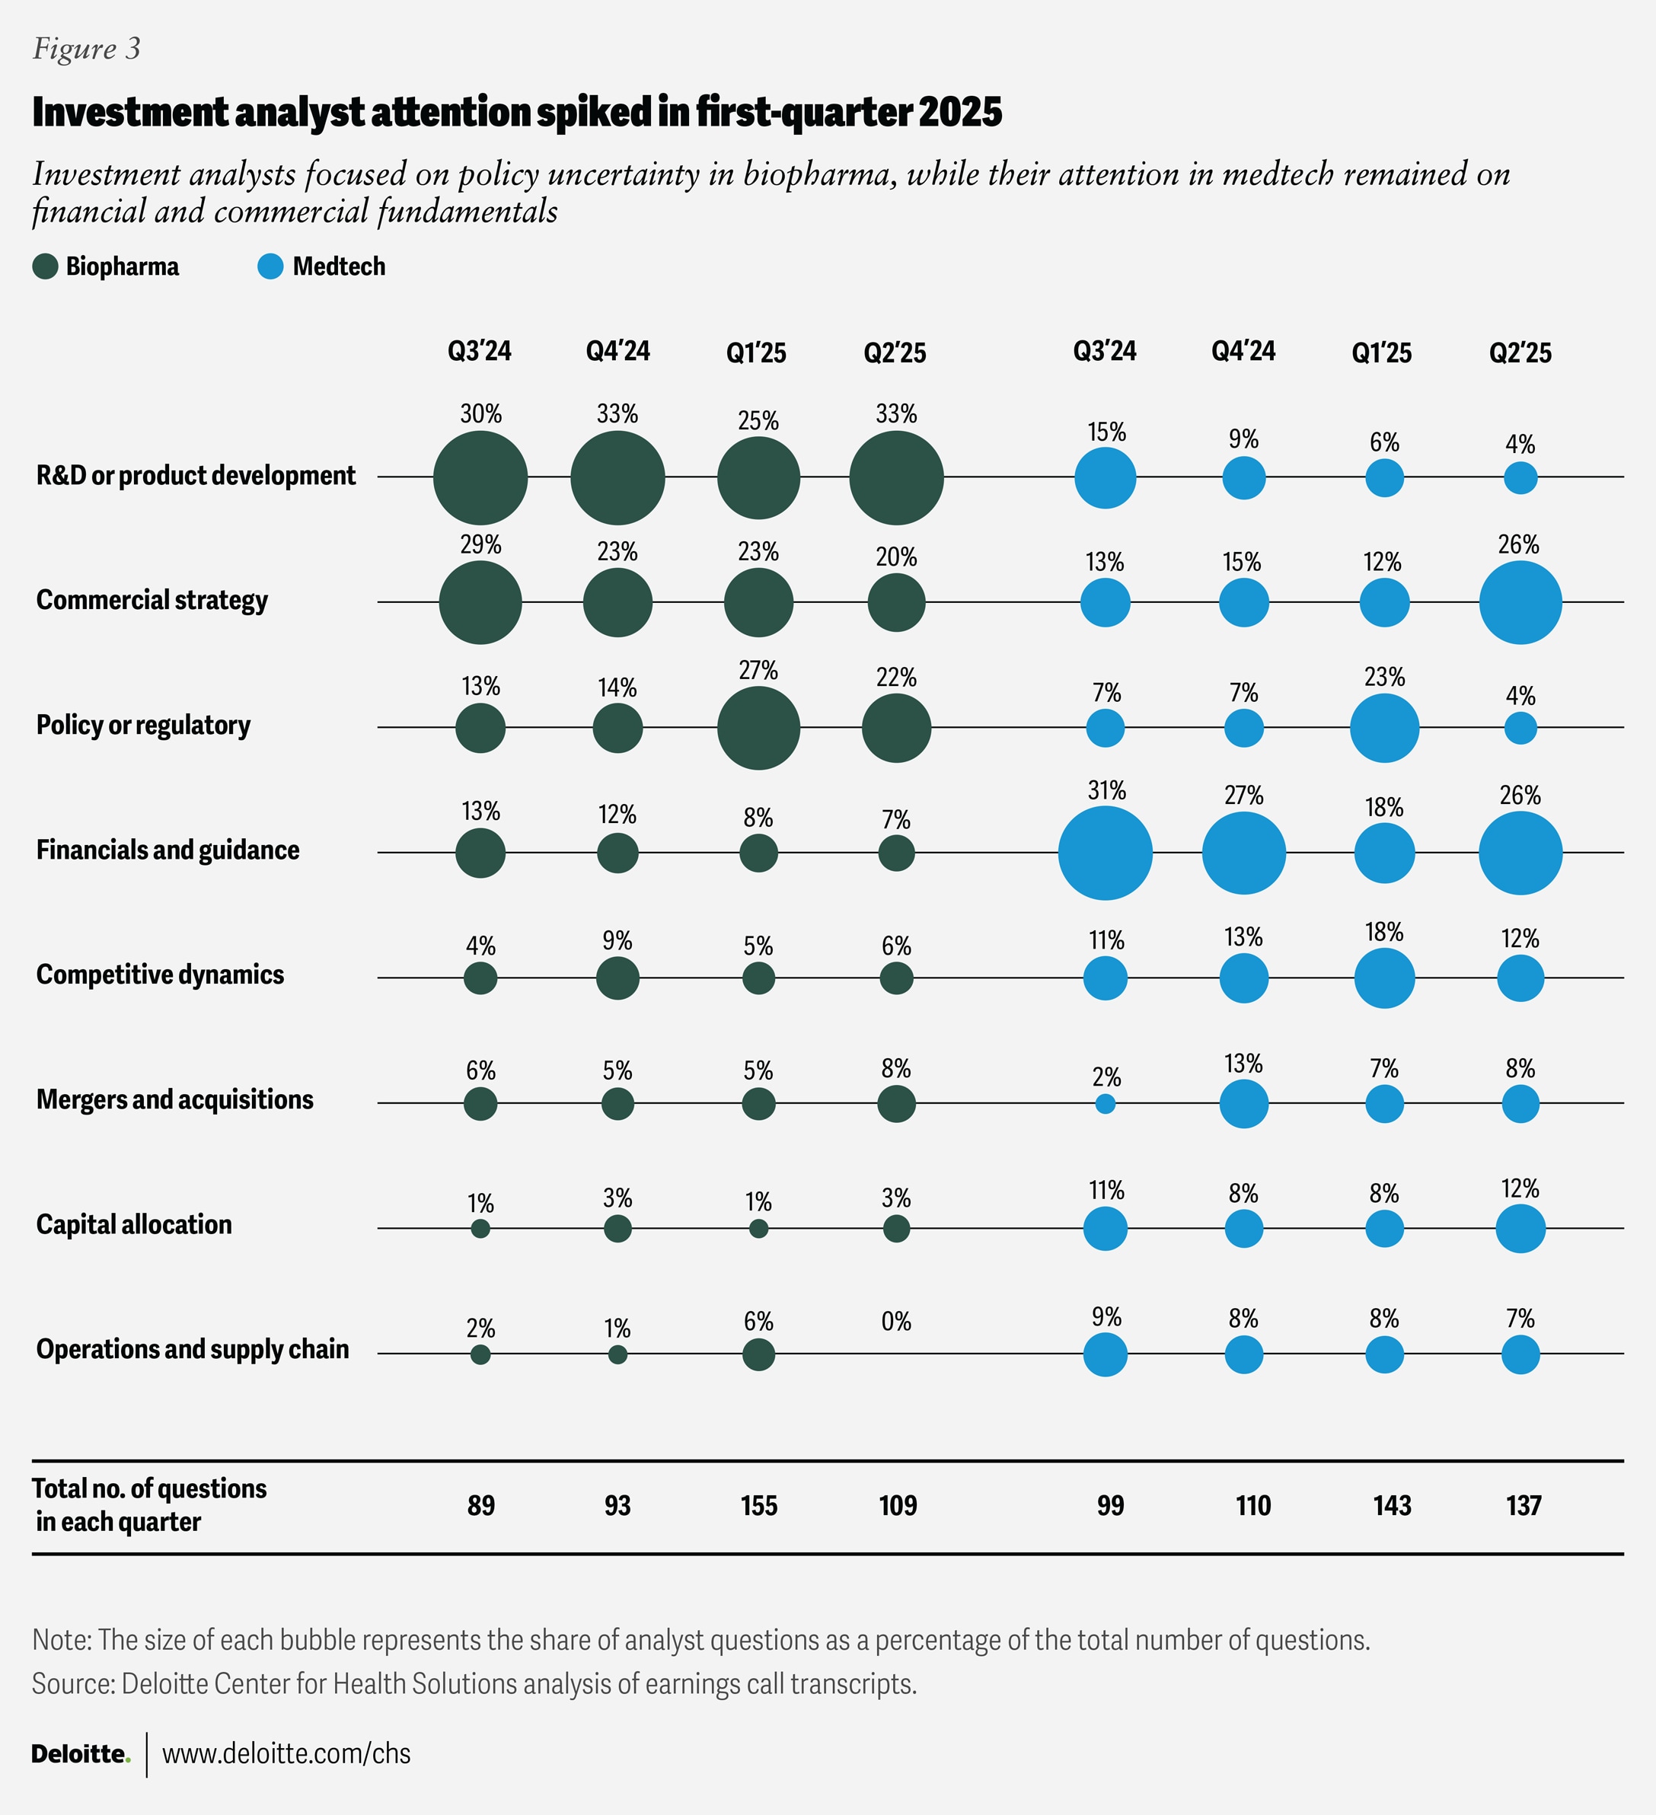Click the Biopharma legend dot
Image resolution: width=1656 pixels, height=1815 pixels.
coord(45,266)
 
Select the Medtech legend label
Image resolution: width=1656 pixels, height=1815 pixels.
coord(339,266)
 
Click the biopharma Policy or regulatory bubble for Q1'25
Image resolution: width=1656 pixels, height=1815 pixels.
coord(758,727)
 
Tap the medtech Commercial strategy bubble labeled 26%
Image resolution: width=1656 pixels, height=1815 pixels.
coord(1520,602)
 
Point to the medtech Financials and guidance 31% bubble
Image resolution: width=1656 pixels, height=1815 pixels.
coord(1105,853)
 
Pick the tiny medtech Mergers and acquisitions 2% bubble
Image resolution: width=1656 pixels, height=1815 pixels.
coord(1105,1104)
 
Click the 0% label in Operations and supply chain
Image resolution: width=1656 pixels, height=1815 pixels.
coord(896,1322)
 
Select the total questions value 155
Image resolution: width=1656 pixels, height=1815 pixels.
coord(758,1505)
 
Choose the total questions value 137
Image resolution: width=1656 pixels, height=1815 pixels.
coord(1523,1505)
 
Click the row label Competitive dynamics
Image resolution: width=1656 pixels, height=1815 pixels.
coord(161,975)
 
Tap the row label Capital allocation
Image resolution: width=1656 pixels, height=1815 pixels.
coord(134,1224)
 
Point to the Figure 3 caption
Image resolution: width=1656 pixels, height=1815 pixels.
coord(87,49)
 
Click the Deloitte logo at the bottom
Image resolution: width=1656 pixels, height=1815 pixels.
coord(80,1754)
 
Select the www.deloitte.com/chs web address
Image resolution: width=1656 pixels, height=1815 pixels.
coord(286,1754)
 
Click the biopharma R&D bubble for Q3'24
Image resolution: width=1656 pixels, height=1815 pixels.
coord(480,478)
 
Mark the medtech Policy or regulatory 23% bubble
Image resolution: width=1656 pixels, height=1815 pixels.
coord(1384,727)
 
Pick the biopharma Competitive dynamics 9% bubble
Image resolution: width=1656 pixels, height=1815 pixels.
coord(617,978)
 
